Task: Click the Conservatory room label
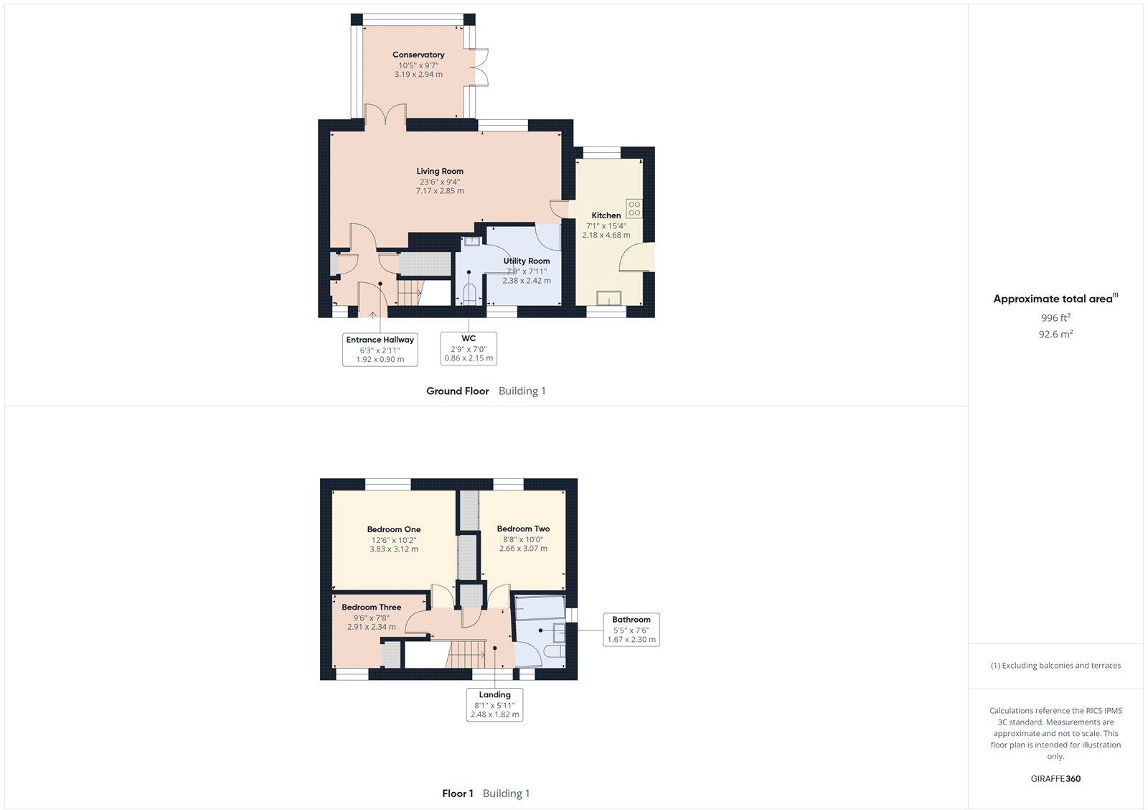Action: point(418,55)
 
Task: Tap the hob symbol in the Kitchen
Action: point(634,209)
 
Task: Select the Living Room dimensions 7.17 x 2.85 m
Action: point(440,191)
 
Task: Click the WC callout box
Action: point(469,348)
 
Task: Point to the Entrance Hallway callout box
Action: point(380,349)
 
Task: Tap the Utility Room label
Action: point(527,261)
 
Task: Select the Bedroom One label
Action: point(393,529)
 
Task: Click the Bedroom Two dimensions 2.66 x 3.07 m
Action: point(523,549)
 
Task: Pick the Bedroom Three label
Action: point(371,607)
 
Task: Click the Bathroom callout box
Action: point(631,630)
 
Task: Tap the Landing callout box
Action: point(494,704)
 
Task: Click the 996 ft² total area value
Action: point(1055,317)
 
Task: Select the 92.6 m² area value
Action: point(1055,334)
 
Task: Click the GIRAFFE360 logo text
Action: point(1055,778)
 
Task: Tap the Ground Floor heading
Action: point(457,391)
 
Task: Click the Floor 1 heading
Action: point(458,793)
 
